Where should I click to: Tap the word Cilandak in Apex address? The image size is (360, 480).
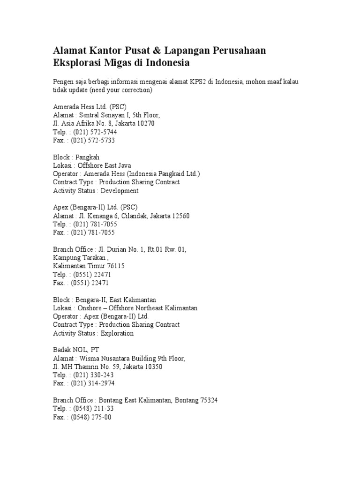pos(136,216)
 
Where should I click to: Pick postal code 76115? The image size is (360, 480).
pos(114,266)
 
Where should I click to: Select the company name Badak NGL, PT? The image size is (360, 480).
pos(76,350)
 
